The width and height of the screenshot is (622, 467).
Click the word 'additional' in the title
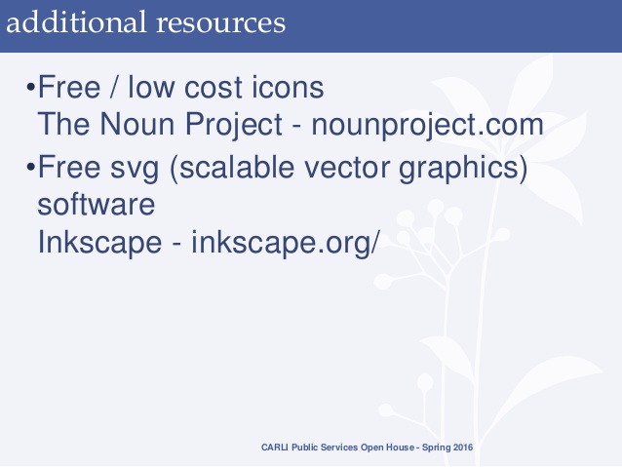coord(65,21)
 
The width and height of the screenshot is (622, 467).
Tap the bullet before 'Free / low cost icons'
coord(29,90)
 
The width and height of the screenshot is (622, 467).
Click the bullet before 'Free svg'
coord(29,170)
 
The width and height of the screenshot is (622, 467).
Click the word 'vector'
coord(338,170)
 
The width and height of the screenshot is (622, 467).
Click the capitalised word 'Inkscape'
coord(100,243)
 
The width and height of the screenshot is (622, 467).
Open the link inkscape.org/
coord(283,243)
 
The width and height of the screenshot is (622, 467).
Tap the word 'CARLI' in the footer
coord(274,448)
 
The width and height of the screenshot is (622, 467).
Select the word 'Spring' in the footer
coord(426,448)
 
